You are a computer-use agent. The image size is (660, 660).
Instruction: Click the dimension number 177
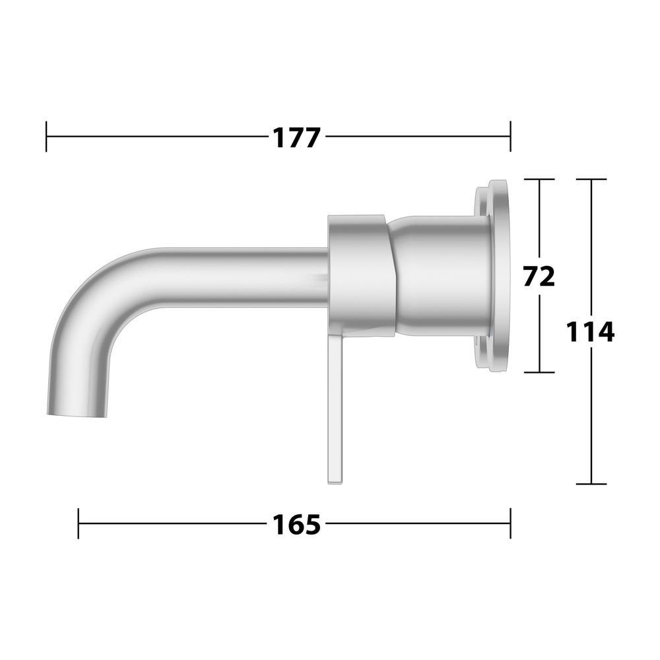pos(297,138)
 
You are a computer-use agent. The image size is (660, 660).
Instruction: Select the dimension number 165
pos(297,525)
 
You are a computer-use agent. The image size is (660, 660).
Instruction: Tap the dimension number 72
pos(539,276)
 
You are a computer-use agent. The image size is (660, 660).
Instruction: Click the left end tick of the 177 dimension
pos(46,137)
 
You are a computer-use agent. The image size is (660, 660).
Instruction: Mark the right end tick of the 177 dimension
pos(511,137)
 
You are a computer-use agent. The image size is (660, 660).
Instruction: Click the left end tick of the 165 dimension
pos(79,523)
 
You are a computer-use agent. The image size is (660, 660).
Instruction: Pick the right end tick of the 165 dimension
pos(511,523)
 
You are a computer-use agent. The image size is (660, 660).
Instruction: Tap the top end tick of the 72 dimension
pos(539,180)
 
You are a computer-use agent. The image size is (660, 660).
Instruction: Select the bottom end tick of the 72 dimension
pos(539,372)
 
